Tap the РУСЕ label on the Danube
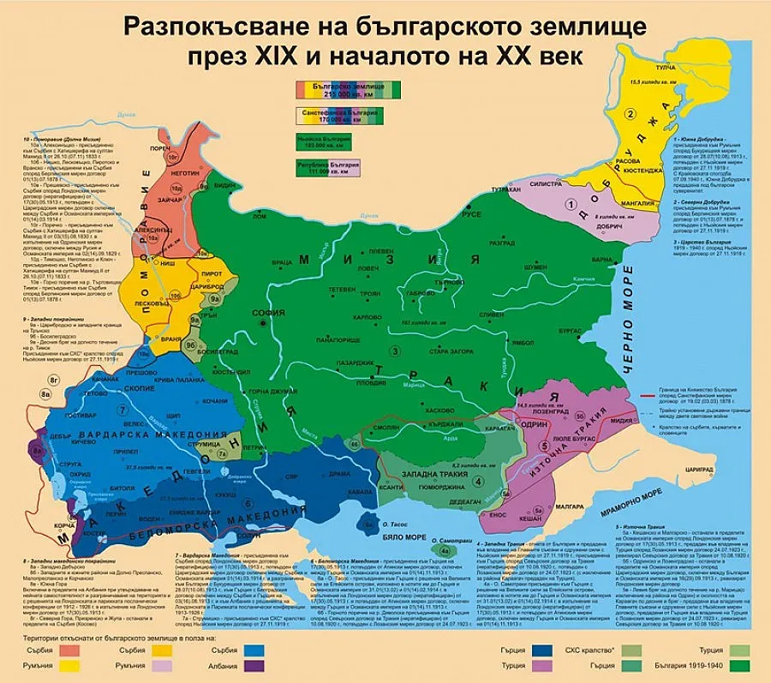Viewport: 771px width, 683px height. [x=471, y=215]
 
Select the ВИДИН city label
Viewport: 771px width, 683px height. [x=224, y=185]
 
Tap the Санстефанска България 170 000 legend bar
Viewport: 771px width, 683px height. [x=340, y=114]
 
